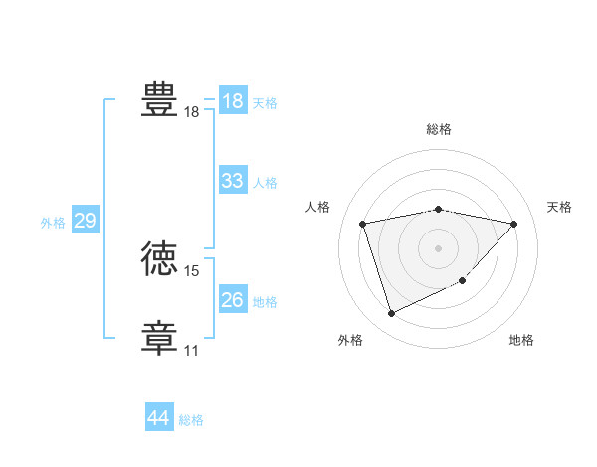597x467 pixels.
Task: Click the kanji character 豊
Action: [x=160, y=100]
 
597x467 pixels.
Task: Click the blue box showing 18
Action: [x=233, y=101]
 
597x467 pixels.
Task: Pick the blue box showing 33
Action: [x=233, y=181]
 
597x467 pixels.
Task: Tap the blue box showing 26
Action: [x=233, y=300]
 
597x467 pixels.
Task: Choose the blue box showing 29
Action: [x=86, y=221]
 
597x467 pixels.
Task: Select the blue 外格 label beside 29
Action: [x=53, y=223]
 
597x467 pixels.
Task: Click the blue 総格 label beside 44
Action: [x=191, y=420]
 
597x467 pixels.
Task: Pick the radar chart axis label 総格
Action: [x=439, y=129]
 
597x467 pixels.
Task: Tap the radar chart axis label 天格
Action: [x=559, y=207]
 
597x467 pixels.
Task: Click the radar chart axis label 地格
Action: [x=521, y=340]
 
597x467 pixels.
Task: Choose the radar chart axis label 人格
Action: [x=317, y=207]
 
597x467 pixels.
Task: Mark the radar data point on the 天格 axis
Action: [x=514, y=224]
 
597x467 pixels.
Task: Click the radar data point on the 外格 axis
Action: [x=391, y=314]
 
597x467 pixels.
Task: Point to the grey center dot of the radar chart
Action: [x=439, y=247]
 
